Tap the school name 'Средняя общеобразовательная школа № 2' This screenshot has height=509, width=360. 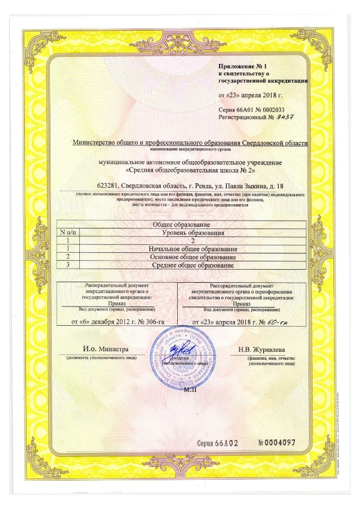pos(190,170)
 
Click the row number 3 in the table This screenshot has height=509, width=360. pos(68,265)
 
